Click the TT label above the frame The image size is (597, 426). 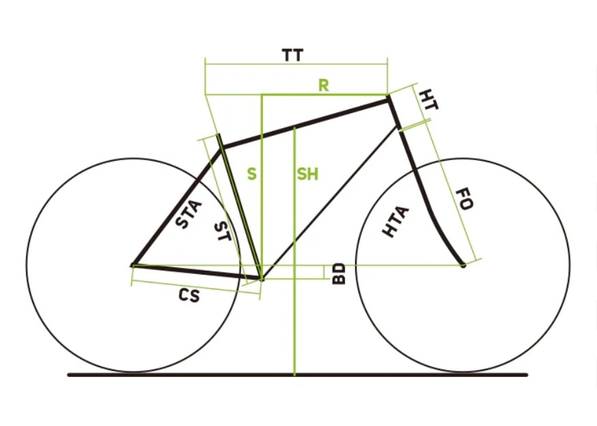tap(293, 56)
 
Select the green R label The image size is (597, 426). tap(324, 86)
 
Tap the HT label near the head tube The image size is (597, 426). tap(429, 100)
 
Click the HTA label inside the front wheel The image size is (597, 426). tap(396, 222)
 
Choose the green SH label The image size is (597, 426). tap(307, 174)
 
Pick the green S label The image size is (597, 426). tap(251, 174)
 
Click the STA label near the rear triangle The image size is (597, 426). tap(189, 214)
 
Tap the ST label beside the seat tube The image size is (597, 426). tap(223, 232)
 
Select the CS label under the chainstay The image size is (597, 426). tap(189, 295)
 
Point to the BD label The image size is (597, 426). tap(339, 274)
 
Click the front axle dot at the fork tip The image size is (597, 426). tap(463, 265)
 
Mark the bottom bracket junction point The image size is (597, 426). tap(262, 279)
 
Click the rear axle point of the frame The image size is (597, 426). tap(132, 265)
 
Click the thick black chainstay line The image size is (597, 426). tap(197, 272)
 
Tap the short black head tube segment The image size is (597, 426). tap(394, 113)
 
